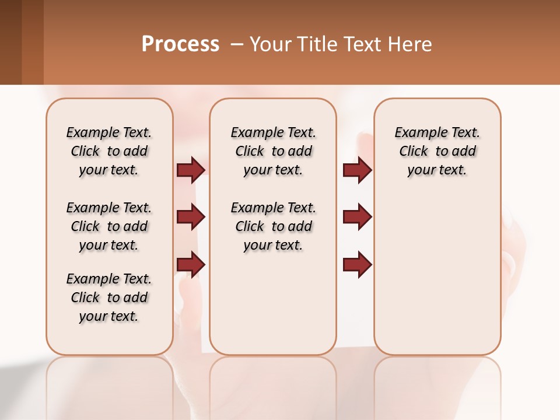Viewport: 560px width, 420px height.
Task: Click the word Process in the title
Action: point(180,44)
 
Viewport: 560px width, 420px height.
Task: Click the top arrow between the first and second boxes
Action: point(191,170)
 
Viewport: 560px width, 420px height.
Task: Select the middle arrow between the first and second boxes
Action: point(191,217)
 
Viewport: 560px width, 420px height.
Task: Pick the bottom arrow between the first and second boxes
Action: point(191,264)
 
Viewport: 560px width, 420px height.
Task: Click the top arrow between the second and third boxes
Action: point(357,170)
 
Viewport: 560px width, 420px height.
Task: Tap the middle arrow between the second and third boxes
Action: point(357,217)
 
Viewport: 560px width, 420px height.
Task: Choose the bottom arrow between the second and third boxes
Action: point(357,264)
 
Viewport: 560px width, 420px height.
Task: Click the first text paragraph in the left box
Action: point(109,151)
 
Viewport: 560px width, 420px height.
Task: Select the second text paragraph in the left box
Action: point(109,226)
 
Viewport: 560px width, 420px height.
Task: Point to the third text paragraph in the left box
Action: point(109,297)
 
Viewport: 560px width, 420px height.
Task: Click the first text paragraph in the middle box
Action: point(274,151)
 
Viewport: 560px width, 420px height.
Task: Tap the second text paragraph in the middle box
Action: point(274,226)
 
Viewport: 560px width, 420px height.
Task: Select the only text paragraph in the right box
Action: point(437,151)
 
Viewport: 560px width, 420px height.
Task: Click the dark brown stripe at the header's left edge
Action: point(10,42)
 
